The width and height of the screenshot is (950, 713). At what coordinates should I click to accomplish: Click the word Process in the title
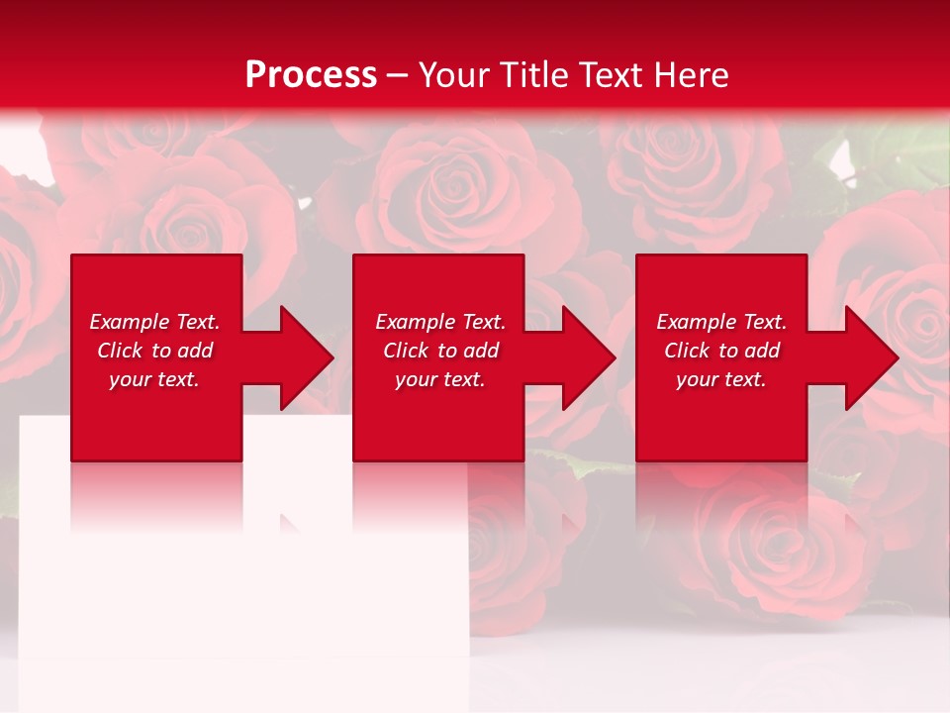click(x=311, y=75)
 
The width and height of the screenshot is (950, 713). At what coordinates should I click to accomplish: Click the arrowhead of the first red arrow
click(x=308, y=357)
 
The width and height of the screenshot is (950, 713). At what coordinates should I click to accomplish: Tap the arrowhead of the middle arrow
click(x=590, y=357)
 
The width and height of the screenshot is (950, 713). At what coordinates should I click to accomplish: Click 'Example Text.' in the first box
click(x=154, y=322)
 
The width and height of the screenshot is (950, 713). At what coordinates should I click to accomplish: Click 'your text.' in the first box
click(x=154, y=379)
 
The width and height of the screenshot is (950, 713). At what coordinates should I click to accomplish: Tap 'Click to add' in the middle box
click(x=440, y=351)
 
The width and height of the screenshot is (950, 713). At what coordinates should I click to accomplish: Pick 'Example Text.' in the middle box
click(x=440, y=322)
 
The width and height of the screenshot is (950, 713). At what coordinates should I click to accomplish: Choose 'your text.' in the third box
click(x=721, y=379)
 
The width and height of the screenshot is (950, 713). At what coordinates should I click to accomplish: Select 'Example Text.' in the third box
click(x=721, y=322)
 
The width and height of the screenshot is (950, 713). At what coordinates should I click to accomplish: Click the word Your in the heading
click(x=452, y=75)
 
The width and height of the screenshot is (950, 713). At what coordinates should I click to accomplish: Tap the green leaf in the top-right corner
click(x=905, y=149)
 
